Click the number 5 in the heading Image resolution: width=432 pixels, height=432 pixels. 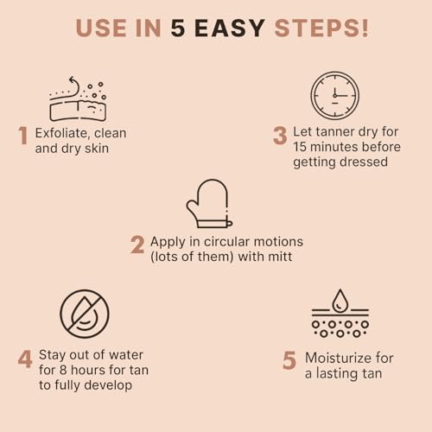click(x=176, y=28)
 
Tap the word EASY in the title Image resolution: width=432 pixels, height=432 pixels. click(x=229, y=28)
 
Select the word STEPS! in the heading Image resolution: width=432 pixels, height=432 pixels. click(x=321, y=28)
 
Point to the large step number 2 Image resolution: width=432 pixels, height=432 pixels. click(x=137, y=245)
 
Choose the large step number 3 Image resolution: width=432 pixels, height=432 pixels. click(x=279, y=137)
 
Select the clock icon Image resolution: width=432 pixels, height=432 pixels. click(x=334, y=95)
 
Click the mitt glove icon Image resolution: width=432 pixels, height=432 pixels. click(x=208, y=204)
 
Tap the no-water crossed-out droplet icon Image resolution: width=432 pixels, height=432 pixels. click(x=85, y=314)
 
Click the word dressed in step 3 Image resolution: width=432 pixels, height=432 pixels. click(x=364, y=162)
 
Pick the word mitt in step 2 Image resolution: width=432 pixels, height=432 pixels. click(x=280, y=257)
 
